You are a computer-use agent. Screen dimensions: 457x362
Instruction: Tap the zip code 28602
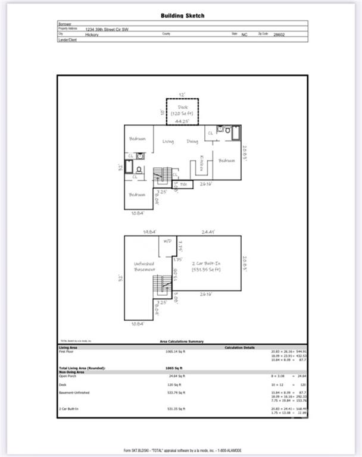[279, 35]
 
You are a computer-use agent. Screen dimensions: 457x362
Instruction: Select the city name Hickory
[92, 35]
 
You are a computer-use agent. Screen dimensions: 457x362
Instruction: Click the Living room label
[168, 142]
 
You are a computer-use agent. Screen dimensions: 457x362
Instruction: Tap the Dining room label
[192, 142]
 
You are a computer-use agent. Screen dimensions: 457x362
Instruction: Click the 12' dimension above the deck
[183, 94]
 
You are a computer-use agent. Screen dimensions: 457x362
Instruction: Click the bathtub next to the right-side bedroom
[235, 132]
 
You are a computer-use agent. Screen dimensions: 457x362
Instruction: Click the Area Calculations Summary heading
[182, 342]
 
